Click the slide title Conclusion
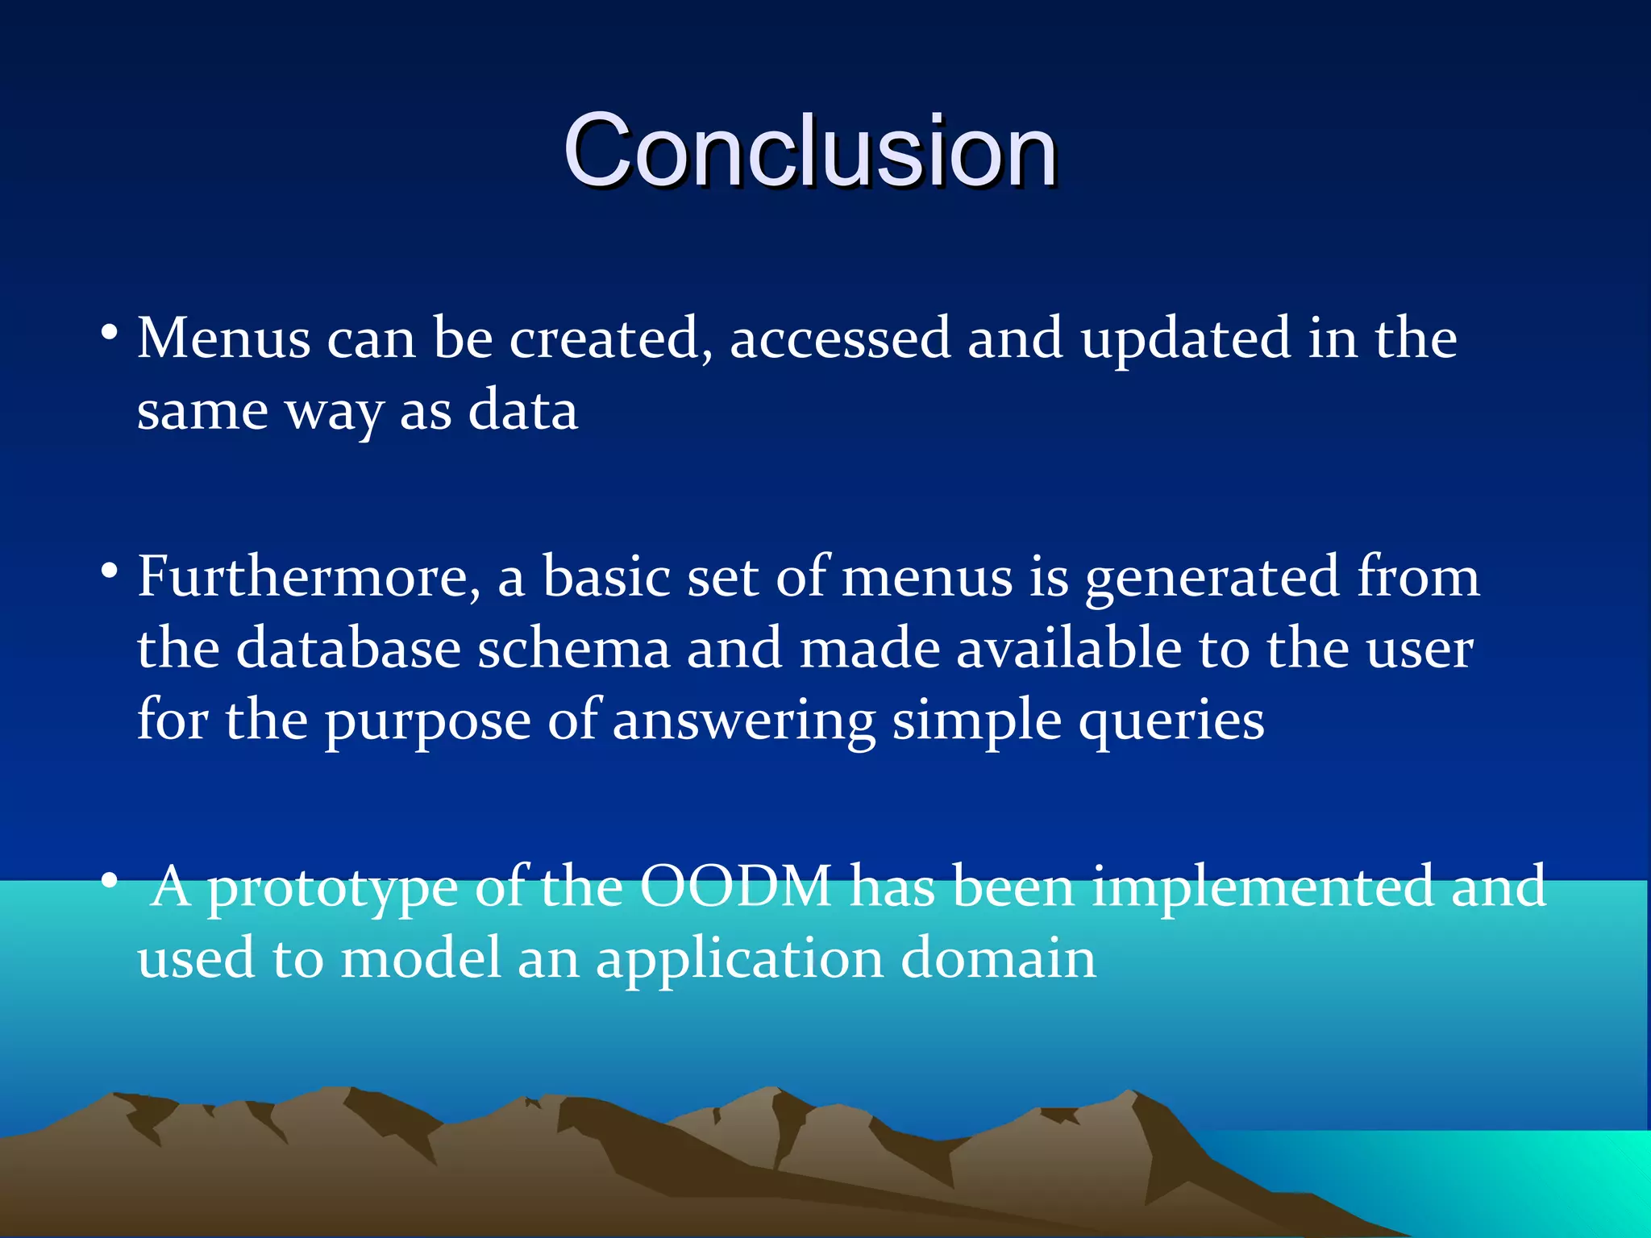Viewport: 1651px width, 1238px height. (809, 151)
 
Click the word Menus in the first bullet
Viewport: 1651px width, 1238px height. (223, 339)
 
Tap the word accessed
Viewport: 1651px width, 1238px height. (839, 339)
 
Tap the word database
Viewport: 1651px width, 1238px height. (347, 649)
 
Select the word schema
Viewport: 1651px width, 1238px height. (573, 649)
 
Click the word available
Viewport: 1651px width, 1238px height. (1068, 649)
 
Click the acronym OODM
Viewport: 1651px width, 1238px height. (735, 887)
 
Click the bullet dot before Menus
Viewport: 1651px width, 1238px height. (110, 332)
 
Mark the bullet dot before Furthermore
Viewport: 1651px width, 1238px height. (110, 571)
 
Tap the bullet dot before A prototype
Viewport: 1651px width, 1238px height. (110, 881)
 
